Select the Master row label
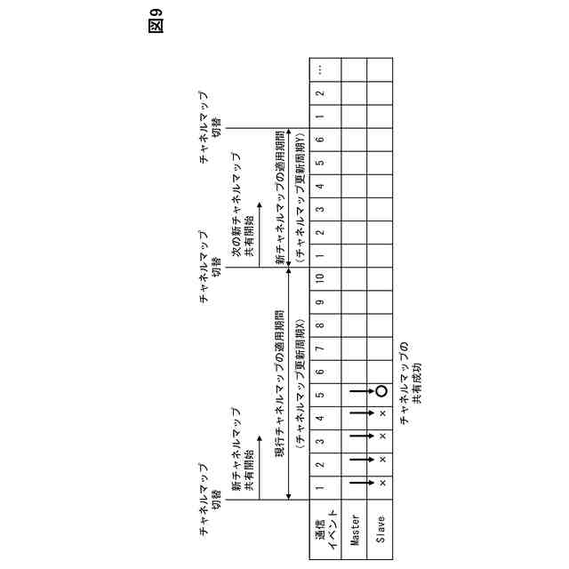click(x=354, y=525)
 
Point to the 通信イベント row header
click(x=323, y=525)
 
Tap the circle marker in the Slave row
click(x=381, y=391)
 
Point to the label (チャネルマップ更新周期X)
click(x=300, y=382)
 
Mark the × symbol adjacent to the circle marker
click(x=382, y=414)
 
